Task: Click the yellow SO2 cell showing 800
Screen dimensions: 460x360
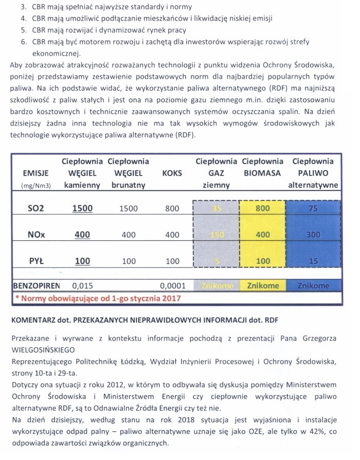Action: (x=263, y=208)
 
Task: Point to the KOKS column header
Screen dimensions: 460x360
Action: (x=172, y=173)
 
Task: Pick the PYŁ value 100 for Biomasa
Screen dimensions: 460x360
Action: (x=263, y=261)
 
